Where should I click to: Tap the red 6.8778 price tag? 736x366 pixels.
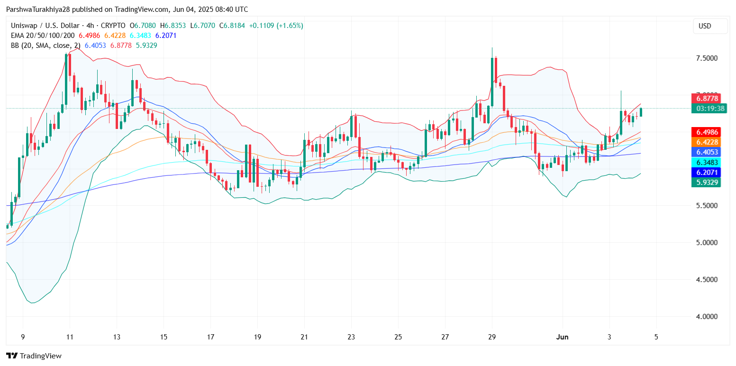click(x=706, y=99)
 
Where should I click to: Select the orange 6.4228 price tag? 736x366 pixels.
click(x=706, y=142)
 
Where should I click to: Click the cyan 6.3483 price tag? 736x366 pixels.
click(x=706, y=162)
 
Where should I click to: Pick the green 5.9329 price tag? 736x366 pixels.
click(x=706, y=182)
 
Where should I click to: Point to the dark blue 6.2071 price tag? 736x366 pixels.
click(x=706, y=172)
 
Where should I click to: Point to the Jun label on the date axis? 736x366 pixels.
click(x=562, y=337)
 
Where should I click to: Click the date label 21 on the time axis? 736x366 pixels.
click(x=304, y=337)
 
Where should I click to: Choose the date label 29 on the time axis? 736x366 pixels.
click(x=492, y=337)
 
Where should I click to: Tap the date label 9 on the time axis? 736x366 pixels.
click(x=23, y=337)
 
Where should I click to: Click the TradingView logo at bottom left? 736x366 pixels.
click(x=34, y=356)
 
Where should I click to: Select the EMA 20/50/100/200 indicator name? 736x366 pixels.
click(x=43, y=36)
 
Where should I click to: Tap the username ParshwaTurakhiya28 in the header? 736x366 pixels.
click(x=39, y=9)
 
